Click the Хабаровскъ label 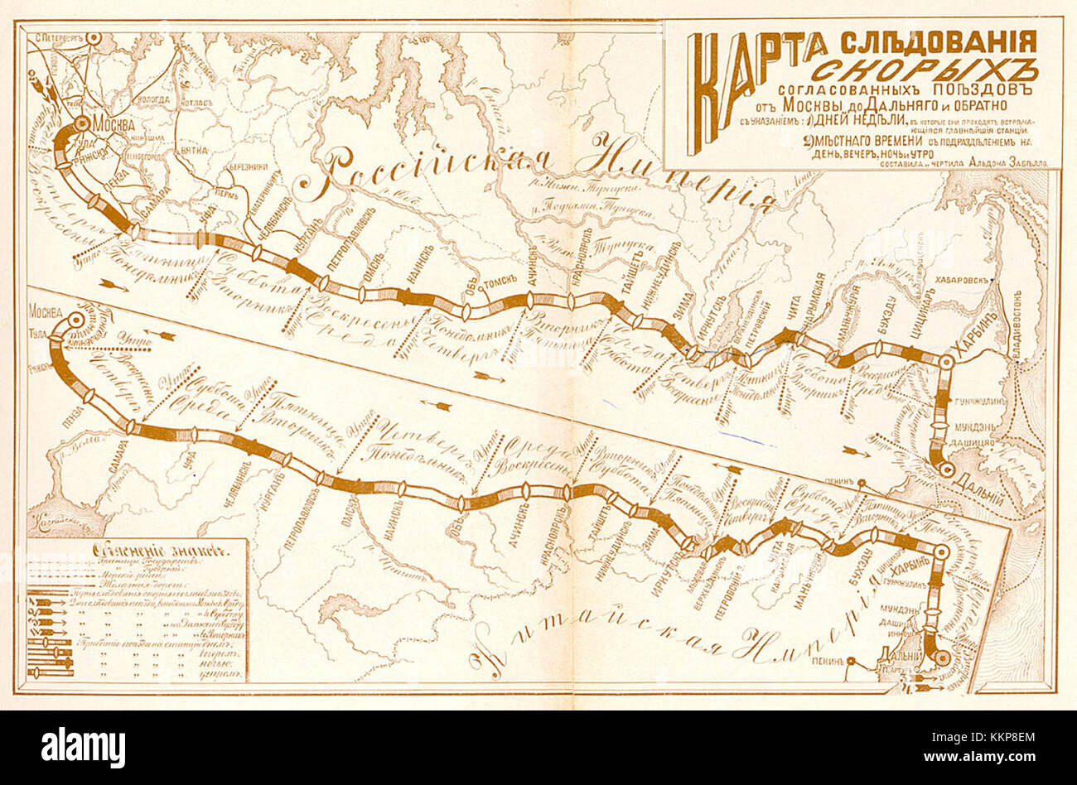tap(961, 280)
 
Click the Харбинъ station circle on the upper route tap(945, 361)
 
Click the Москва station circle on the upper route tap(81, 123)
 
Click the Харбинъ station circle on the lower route tap(940, 551)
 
